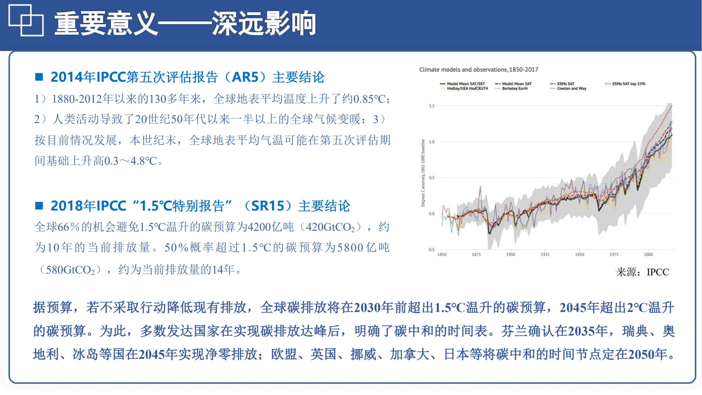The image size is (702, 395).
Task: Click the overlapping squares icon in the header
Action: tap(26, 20)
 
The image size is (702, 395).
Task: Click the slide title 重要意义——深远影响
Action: tap(185, 24)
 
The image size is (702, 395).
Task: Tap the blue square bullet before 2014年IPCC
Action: tap(39, 77)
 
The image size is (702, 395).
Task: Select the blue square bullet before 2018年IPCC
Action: tap(39, 206)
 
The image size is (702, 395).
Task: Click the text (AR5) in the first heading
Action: tap(245, 77)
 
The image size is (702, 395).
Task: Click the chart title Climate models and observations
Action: tap(478, 69)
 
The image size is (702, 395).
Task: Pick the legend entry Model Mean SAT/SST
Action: tap(465, 84)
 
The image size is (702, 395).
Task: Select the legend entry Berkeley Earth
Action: tap(515, 89)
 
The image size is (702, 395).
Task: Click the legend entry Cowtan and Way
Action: tap(571, 89)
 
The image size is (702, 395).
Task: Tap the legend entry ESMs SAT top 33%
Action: tap(628, 84)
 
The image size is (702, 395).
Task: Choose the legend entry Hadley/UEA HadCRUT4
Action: tap(467, 89)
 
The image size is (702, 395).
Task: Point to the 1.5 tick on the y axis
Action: tap(431, 106)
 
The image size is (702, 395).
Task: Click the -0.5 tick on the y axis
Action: tap(431, 249)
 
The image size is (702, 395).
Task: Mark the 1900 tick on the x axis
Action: tap(510, 255)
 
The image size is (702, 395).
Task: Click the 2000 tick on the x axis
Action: tap(648, 255)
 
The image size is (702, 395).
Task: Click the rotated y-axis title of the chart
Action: tap(423, 173)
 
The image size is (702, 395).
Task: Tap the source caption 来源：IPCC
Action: tap(643, 272)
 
